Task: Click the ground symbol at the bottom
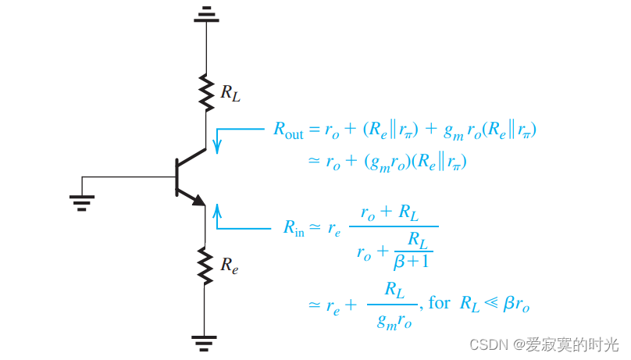pos(205,340)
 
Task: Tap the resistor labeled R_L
pos(206,93)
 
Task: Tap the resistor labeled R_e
pos(205,265)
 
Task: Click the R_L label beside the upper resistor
pos(230,94)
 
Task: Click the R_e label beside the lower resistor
pos(229,266)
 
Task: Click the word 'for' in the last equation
pos(439,302)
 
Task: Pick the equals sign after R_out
pos(315,131)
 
